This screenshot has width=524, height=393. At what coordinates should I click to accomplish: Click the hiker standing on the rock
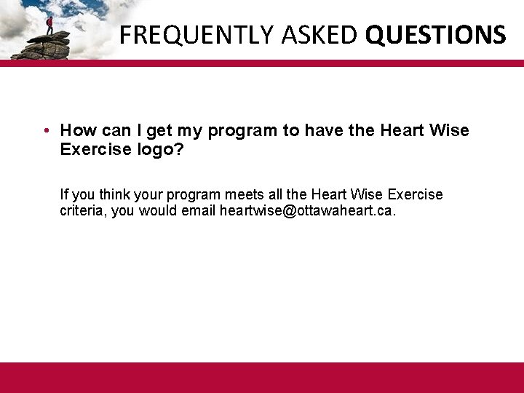pyautogui.click(x=49, y=23)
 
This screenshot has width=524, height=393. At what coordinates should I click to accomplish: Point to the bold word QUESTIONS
pyautogui.click(x=436, y=34)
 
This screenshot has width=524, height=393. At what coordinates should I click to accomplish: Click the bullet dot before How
pyautogui.click(x=46, y=131)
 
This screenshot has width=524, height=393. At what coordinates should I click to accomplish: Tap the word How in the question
pyautogui.click(x=75, y=131)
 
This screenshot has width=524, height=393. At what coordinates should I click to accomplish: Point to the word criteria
pyautogui.click(x=82, y=211)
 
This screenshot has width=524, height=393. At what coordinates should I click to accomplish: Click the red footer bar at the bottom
pyautogui.click(x=262, y=378)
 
